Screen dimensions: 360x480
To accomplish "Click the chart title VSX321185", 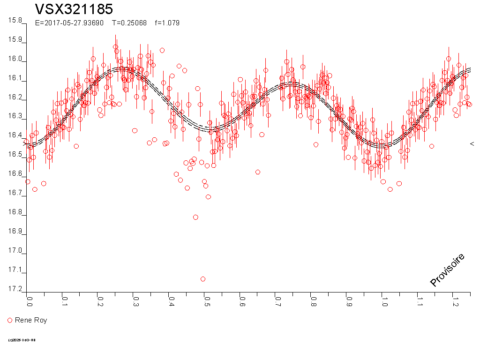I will (74, 9).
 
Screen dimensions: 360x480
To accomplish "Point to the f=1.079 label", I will (167, 22).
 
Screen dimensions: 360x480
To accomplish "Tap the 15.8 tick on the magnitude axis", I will (15, 21).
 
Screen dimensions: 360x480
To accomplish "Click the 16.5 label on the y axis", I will (15, 155).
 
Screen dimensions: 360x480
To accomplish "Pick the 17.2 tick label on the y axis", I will (15, 289).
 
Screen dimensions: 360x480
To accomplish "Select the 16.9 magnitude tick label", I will (15, 232).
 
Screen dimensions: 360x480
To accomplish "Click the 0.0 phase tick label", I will (29, 300).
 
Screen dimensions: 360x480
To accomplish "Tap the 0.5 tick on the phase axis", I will (206, 300).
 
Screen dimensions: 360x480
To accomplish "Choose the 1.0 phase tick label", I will (383, 300).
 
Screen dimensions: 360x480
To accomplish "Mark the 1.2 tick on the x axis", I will (454, 300).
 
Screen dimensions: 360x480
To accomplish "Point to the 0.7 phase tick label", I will (277, 300).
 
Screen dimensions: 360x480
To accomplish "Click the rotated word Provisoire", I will (448, 270).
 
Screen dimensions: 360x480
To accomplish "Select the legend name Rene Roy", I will (31, 320).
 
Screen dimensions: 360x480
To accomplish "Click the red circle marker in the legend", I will (10, 320).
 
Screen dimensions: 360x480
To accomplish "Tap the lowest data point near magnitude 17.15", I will (203, 279).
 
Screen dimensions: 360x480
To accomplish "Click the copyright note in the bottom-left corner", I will (22, 340).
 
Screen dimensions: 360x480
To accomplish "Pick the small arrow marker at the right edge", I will (472, 144).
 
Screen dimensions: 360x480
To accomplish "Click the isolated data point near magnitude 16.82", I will (195, 217).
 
